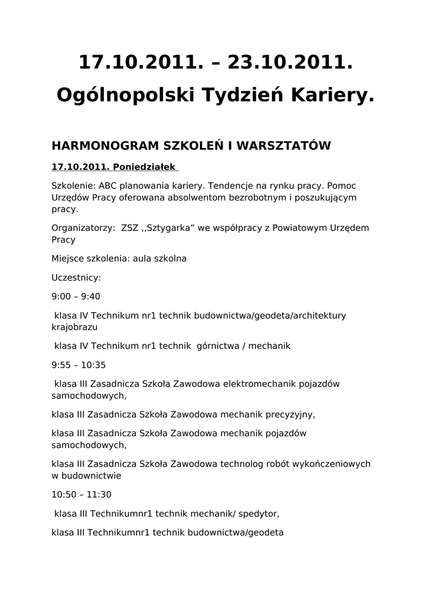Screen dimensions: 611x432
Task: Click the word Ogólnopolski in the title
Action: tap(126, 95)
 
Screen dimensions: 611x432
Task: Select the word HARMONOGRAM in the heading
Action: tap(101, 146)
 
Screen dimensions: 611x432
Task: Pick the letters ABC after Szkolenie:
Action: tap(108, 186)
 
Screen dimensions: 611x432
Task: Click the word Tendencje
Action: tap(230, 186)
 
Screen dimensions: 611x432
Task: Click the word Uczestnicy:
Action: tap(76, 277)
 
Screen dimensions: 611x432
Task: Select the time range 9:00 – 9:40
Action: tap(76, 297)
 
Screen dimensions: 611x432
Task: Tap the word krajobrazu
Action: tap(75, 327)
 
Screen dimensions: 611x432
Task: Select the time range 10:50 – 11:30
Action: tap(81, 495)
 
